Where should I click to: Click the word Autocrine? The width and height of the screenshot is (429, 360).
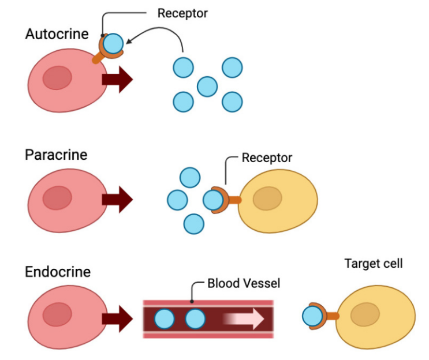pos(57,33)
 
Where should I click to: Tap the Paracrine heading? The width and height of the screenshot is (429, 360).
pos(56,155)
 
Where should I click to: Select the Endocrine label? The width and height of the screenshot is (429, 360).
pos(58,271)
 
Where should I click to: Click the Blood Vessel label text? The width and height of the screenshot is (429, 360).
pos(244,283)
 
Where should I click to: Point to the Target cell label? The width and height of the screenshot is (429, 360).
pos(373,264)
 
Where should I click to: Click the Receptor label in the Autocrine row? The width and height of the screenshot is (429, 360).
pos(182,13)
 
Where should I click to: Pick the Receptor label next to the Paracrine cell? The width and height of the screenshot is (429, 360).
pos(267,157)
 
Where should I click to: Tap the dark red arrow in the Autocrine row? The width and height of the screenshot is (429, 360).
pos(117,80)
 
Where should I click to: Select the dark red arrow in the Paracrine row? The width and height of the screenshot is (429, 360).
pos(117,200)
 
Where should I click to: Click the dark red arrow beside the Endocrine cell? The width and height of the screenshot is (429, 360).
pos(117,318)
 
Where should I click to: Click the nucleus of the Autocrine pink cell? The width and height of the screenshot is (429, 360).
pos(58,78)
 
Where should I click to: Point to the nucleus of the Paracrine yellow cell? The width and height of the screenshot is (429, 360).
pos(267,198)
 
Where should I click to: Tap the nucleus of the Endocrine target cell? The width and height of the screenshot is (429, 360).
pos(365,314)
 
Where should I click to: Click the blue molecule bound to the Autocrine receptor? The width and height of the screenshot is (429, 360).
pos(113,43)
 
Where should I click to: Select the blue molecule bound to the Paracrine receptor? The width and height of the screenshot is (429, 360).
pos(212,200)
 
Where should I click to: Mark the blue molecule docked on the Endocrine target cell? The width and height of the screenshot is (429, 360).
pos(312,316)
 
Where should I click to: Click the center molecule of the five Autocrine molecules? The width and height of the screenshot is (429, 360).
pos(207,86)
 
